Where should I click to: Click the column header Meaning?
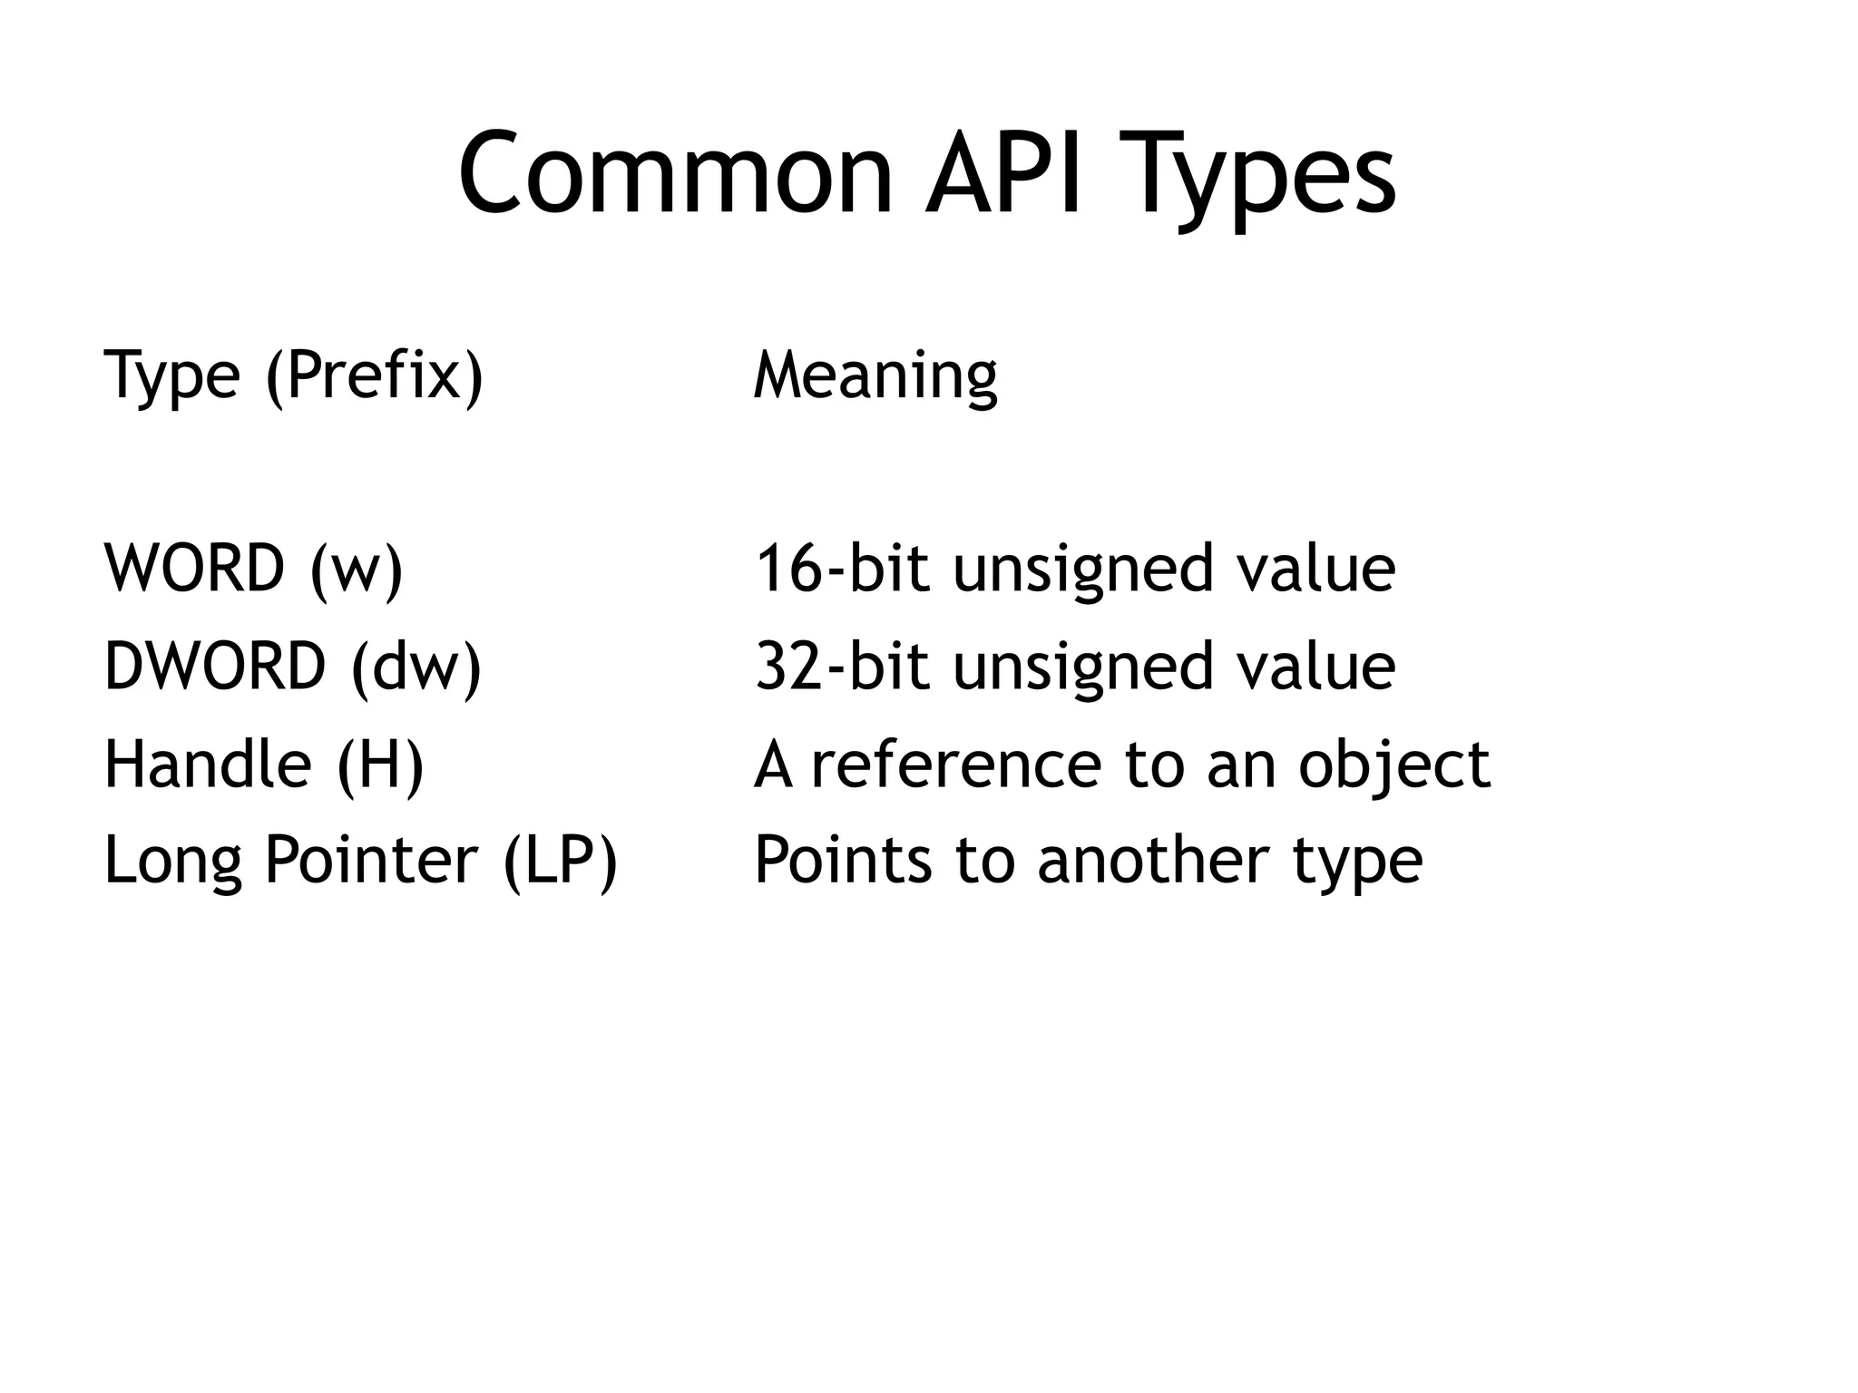pos(875,375)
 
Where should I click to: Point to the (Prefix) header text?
pos(375,375)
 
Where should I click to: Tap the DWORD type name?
pos(215,667)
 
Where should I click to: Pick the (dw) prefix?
pos(416,668)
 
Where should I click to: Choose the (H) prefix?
pos(380,766)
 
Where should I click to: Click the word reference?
pos(955,765)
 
